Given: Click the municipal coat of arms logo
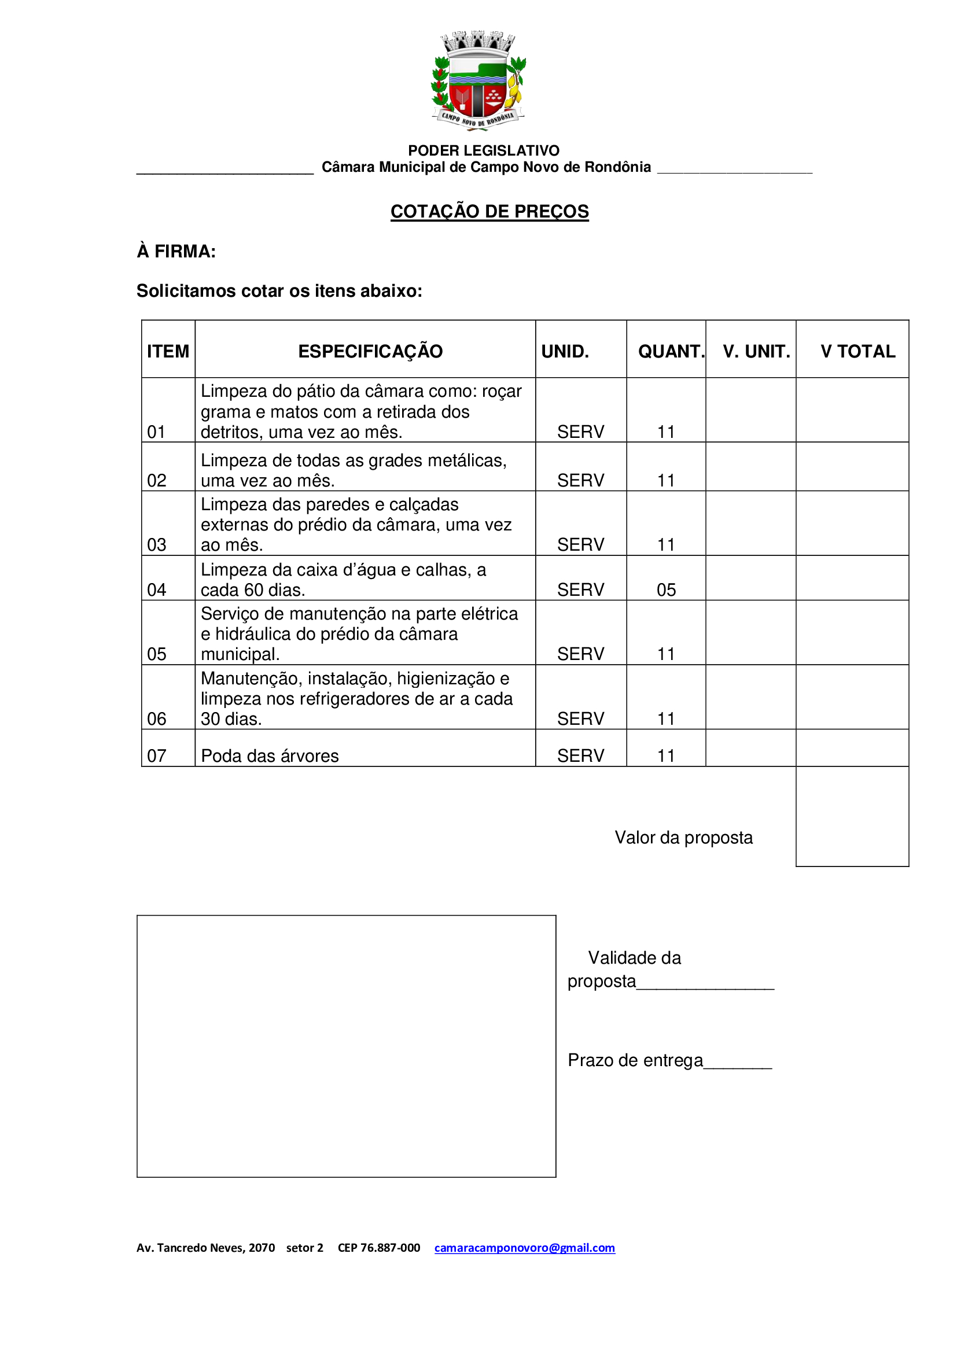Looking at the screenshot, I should tap(478, 81).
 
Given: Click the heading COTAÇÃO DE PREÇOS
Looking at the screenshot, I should tap(489, 212).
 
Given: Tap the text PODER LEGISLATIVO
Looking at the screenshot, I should tap(483, 151).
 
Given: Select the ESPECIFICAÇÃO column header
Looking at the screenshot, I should tap(370, 351).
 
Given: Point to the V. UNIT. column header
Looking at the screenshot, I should tap(756, 351).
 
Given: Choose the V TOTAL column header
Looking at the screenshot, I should tap(857, 351).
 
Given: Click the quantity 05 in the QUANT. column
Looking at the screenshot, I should tap(666, 590).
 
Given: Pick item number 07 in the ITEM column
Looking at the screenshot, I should tap(157, 755).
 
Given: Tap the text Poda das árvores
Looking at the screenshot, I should tap(269, 756).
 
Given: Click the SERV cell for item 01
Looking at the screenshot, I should tap(580, 432).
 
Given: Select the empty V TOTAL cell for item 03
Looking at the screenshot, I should tap(852, 523).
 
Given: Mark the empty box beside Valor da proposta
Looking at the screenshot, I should tap(852, 816).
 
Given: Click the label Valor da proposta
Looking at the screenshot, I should tap(683, 838).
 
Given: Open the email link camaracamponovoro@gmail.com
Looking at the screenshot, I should tap(524, 1248).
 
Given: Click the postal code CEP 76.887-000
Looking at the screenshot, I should tap(379, 1248).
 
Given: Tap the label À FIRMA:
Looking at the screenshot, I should tap(176, 252).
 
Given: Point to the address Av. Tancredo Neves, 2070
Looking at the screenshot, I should tap(205, 1248).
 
